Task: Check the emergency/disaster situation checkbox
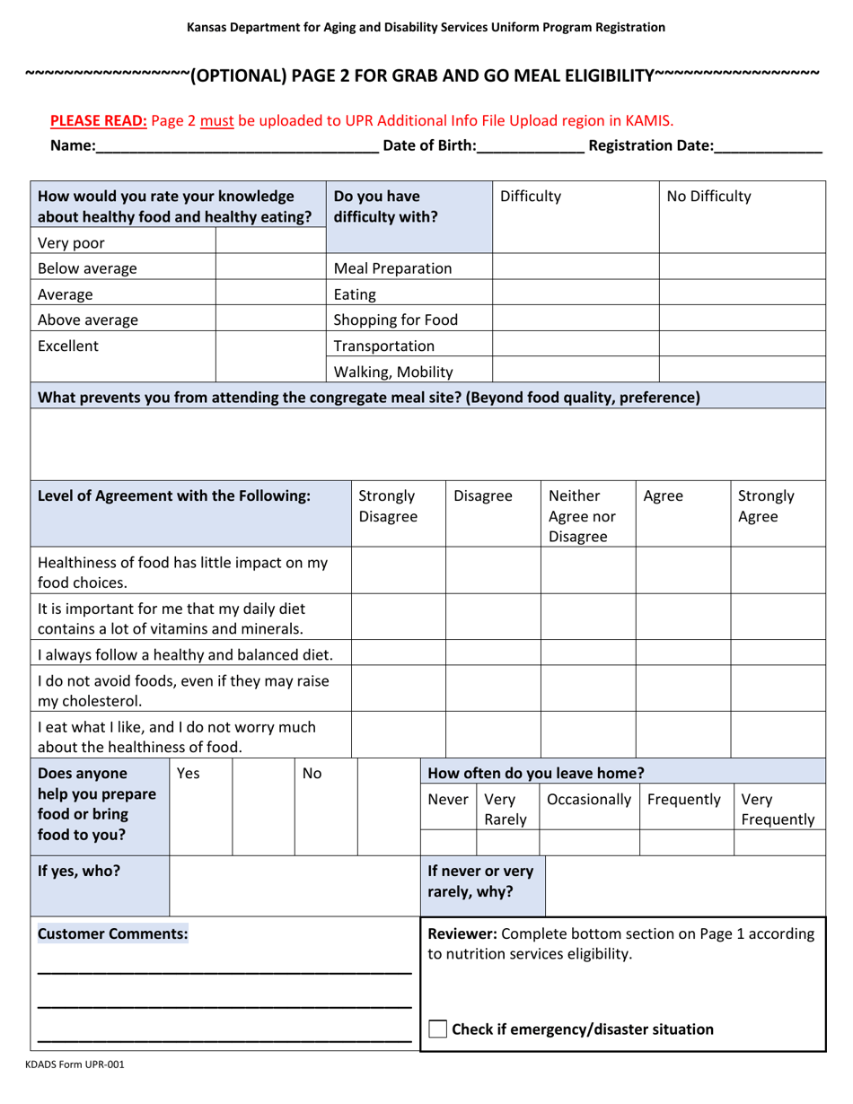click(438, 1029)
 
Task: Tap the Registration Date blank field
click(768, 146)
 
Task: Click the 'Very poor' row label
click(69, 241)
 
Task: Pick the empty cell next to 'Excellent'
click(270, 344)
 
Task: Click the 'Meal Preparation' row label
click(392, 267)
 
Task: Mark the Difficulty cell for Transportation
click(576, 345)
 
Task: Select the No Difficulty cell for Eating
click(742, 293)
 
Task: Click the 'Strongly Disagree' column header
click(387, 506)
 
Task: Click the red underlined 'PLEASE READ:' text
click(99, 119)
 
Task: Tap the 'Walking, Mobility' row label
click(392, 370)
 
